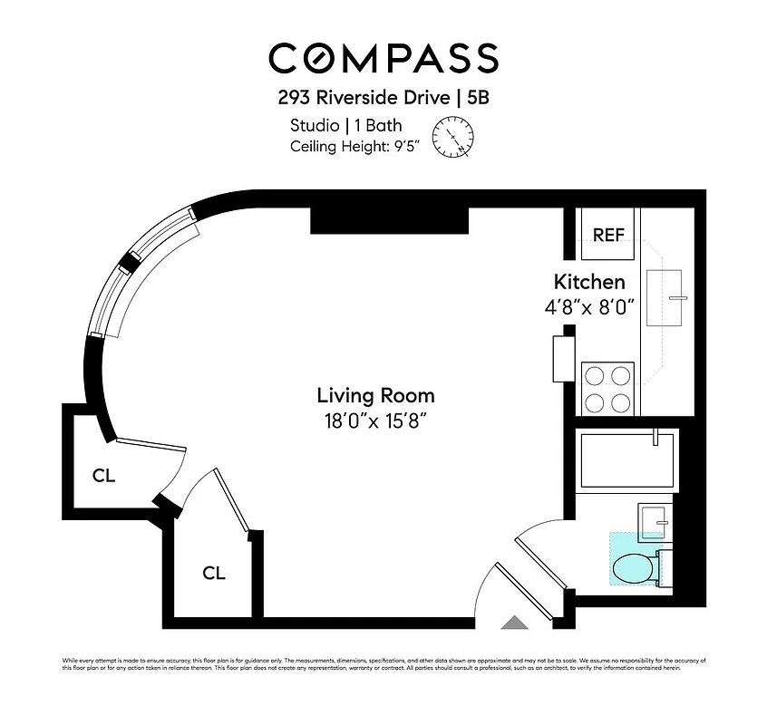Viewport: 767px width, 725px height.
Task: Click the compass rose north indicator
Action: pyautogui.click(x=452, y=138)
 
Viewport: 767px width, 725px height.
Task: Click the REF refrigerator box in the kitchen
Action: pyautogui.click(x=608, y=235)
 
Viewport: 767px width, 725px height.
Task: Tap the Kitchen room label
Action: pyautogui.click(x=589, y=282)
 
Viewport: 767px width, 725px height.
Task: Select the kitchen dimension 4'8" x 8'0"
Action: pyautogui.click(x=588, y=307)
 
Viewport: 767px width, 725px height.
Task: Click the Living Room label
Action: pyautogui.click(x=375, y=395)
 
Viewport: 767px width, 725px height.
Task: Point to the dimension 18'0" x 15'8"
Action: pyautogui.click(x=375, y=420)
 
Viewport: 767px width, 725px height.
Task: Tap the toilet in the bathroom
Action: pyautogui.click(x=635, y=569)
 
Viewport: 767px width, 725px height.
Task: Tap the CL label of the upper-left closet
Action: pyautogui.click(x=104, y=475)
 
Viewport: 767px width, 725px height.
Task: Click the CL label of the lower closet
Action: pyautogui.click(x=214, y=573)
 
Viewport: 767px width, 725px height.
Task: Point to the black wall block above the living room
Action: pyautogui.click(x=389, y=220)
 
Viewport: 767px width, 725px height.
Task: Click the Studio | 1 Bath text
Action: pyautogui.click(x=345, y=125)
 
